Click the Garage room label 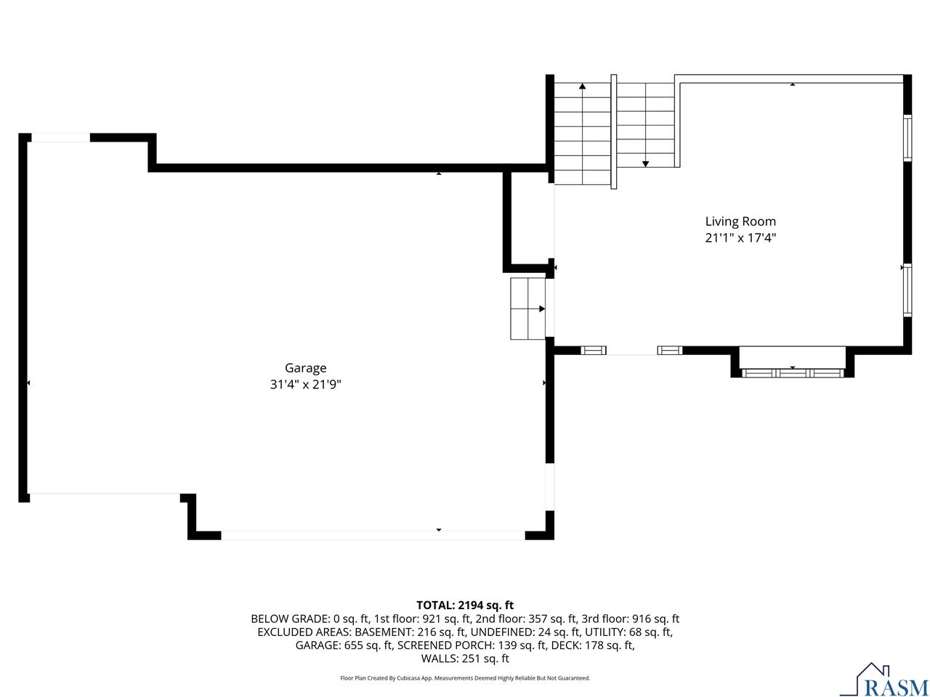coord(305,368)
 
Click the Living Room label coord(740,221)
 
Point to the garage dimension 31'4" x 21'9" coord(305,385)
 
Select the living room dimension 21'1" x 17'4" coord(740,238)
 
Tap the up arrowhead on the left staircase coord(582,86)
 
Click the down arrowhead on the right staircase coord(645,164)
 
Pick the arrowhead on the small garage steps coord(541,309)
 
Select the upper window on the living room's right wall coord(907,138)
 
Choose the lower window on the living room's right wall coord(907,290)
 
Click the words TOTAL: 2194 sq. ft coord(465,606)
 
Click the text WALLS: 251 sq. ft coord(465,659)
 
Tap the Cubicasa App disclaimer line coord(465,678)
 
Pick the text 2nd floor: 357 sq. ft coord(527,619)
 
